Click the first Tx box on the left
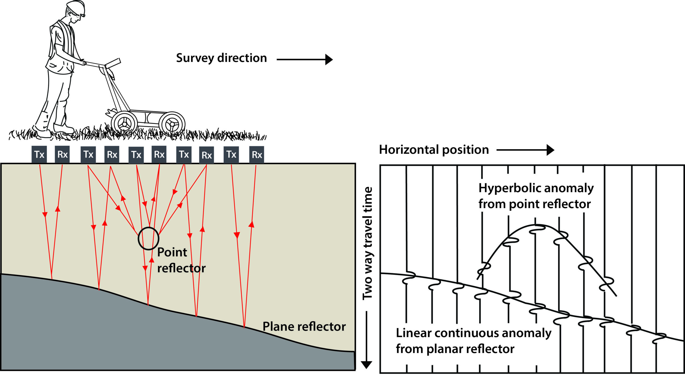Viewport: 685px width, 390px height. [x=39, y=154]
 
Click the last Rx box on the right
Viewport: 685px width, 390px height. [x=256, y=154]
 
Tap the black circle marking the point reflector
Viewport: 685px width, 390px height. [x=148, y=238]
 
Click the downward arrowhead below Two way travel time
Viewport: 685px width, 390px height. [x=367, y=364]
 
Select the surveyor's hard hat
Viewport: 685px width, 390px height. [x=76, y=6]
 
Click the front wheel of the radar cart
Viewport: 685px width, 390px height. [x=172, y=124]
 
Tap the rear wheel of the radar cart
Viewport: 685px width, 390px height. [x=124, y=123]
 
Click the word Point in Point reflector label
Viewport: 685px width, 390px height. [x=172, y=252]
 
